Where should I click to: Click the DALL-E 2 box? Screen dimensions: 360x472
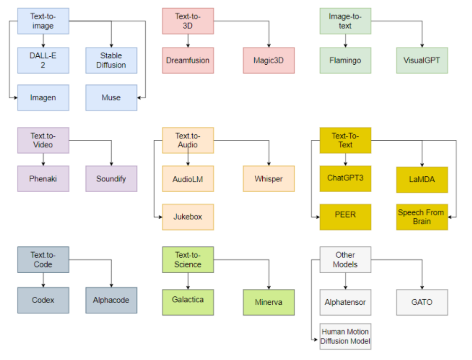point(43,60)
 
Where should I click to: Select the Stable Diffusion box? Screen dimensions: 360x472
point(111,60)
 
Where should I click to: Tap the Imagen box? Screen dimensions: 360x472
point(43,97)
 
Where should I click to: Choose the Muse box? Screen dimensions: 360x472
point(111,97)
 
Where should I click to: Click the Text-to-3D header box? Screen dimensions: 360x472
point(188,21)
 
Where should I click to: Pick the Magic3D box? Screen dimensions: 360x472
point(269,60)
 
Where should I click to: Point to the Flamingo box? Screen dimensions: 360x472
point(345,60)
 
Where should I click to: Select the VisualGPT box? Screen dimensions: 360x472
point(422,60)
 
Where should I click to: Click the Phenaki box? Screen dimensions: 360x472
point(43,179)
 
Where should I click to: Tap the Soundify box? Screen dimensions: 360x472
point(111,179)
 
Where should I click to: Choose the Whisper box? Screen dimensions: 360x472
point(269,179)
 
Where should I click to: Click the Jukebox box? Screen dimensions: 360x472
point(188,217)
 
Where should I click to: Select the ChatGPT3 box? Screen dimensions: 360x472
point(345,178)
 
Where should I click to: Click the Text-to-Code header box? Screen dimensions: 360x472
point(43,260)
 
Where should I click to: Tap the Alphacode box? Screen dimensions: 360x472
point(111,300)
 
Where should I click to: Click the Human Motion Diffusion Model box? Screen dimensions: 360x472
point(345,336)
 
